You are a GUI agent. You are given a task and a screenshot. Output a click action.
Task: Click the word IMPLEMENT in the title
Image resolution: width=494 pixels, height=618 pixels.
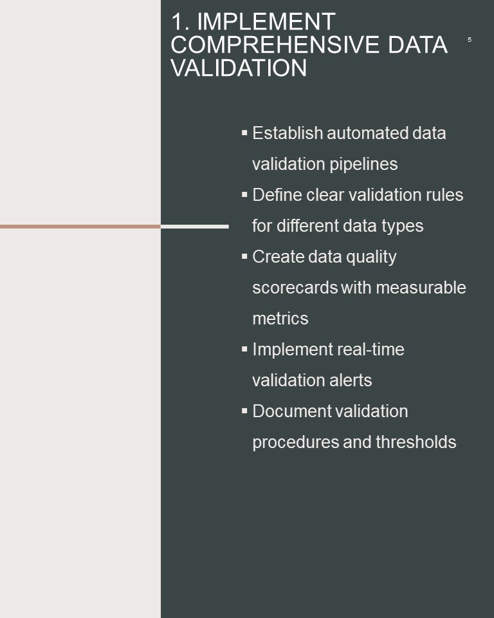(266, 21)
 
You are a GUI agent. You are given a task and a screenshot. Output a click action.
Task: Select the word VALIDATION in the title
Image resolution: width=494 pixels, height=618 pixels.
(239, 68)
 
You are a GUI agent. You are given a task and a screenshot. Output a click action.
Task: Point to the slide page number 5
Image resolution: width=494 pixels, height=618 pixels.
(469, 39)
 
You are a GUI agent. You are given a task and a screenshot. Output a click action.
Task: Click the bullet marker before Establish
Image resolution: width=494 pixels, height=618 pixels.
(244, 133)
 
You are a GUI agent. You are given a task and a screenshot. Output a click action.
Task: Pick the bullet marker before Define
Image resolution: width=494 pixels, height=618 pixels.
(244, 194)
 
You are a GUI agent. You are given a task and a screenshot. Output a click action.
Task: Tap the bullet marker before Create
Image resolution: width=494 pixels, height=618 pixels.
(244, 256)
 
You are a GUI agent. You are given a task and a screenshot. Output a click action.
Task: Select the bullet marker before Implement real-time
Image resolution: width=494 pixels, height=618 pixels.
(244, 349)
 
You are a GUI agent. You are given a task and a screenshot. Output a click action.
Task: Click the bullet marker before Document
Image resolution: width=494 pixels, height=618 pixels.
(244, 411)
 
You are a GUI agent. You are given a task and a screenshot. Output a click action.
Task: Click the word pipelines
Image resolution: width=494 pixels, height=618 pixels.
(363, 165)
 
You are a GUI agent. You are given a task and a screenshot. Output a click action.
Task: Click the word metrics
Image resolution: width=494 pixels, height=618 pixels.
(280, 319)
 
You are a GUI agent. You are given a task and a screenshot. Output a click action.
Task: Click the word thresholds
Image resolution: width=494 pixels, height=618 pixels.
(416, 442)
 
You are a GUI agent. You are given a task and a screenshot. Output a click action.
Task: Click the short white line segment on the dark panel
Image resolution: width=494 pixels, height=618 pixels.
(195, 226)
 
